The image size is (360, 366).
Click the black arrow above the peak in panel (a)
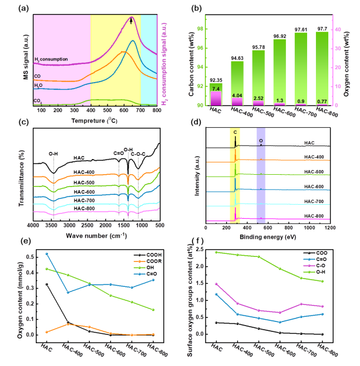[132, 22]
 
